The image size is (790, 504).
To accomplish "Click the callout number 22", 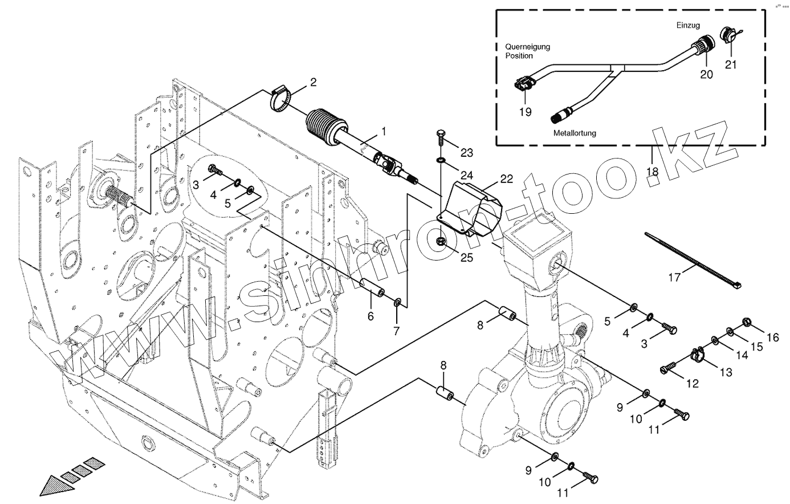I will point(506,179).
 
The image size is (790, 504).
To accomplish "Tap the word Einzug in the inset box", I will point(688,26).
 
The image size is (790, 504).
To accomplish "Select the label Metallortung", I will point(575,133).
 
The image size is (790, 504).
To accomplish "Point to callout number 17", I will point(675,278).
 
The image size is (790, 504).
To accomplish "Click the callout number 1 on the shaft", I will point(384,132).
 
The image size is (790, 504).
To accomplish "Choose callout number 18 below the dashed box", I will point(651,170).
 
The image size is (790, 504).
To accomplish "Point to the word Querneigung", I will point(527,46).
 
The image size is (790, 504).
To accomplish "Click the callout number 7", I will point(396,330).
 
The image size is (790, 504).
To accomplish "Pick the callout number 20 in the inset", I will point(706,74).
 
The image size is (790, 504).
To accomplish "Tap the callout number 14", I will point(740,355).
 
